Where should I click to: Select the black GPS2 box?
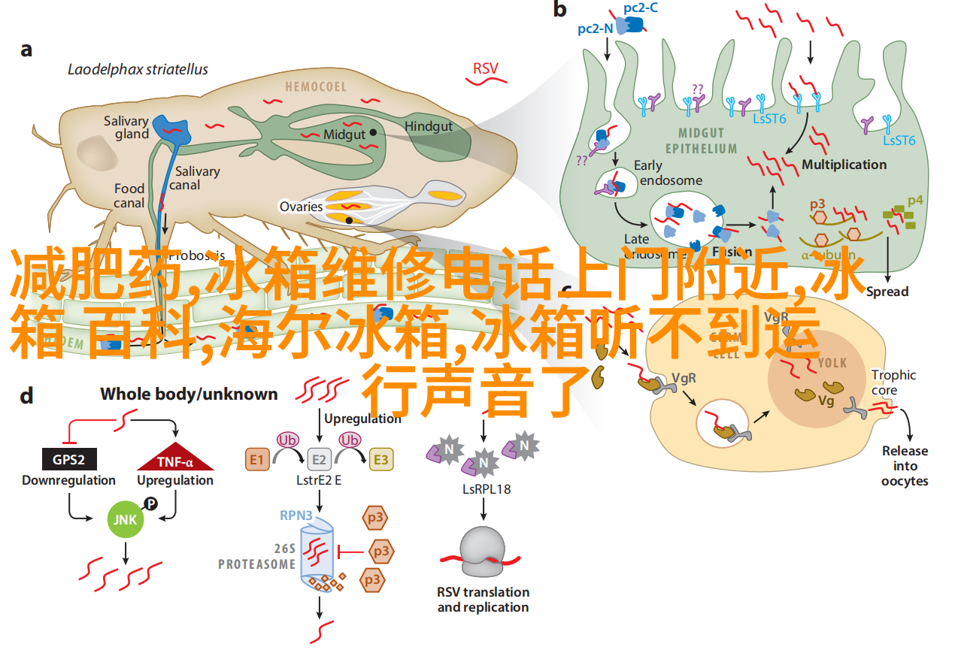tap(68, 461)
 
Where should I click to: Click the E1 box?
tap(257, 459)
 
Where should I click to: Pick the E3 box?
tap(381, 459)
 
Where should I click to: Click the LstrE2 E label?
tap(319, 480)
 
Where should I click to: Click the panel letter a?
tap(26, 50)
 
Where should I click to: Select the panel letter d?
tap(26, 396)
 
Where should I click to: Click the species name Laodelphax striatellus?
tap(138, 70)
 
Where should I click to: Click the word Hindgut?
tap(429, 126)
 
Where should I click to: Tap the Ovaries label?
tap(301, 207)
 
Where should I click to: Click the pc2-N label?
tap(595, 29)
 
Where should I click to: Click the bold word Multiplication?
tap(844, 164)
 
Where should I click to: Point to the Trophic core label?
tap(894, 382)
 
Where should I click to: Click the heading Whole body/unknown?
tap(189, 394)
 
